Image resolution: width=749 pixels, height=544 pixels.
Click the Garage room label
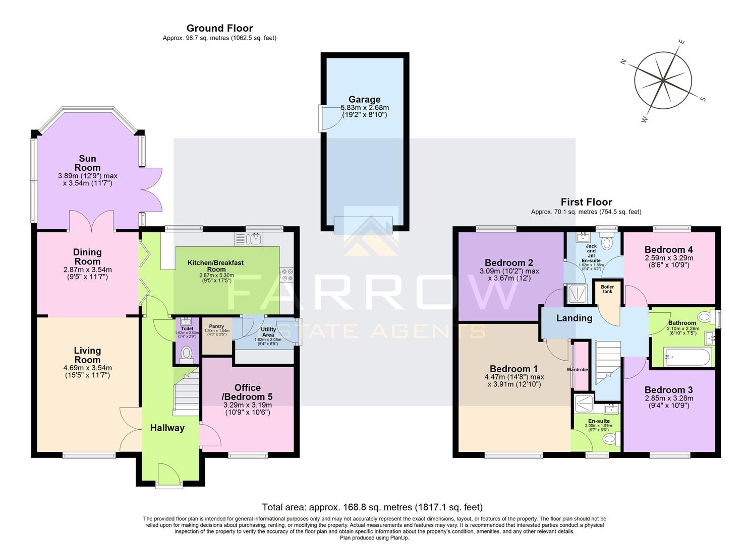point(364,99)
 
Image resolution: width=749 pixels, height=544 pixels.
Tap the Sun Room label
point(87,163)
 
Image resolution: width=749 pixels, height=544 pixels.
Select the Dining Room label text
point(87,257)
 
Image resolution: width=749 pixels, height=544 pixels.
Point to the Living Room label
point(87,355)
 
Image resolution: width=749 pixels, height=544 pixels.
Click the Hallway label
point(167,428)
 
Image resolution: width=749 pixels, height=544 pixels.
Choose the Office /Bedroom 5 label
point(248,392)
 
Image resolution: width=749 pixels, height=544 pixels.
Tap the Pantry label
point(216,326)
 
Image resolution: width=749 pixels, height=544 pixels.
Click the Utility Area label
point(268,332)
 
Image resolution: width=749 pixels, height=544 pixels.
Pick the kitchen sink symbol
point(249,238)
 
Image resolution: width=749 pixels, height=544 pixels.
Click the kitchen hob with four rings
point(288,275)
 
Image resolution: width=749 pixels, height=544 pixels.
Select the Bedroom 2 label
point(509,262)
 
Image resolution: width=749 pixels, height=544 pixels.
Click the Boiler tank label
point(607,289)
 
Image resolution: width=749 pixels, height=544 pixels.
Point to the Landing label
point(574,318)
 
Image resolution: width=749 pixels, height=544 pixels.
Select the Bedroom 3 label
point(668,390)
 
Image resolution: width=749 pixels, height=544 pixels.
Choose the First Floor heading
point(586,202)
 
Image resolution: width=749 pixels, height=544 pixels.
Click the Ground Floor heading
point(219,28)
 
